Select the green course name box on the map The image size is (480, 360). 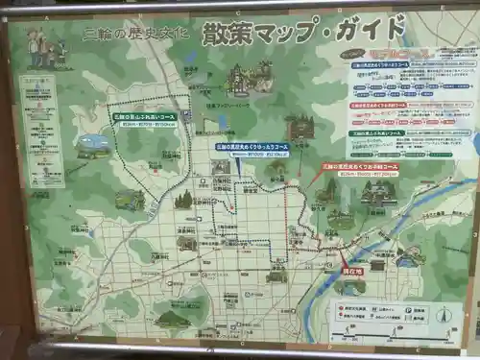point(144,120)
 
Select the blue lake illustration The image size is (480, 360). point(93,145)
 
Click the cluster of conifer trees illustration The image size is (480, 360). point(182,200)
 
